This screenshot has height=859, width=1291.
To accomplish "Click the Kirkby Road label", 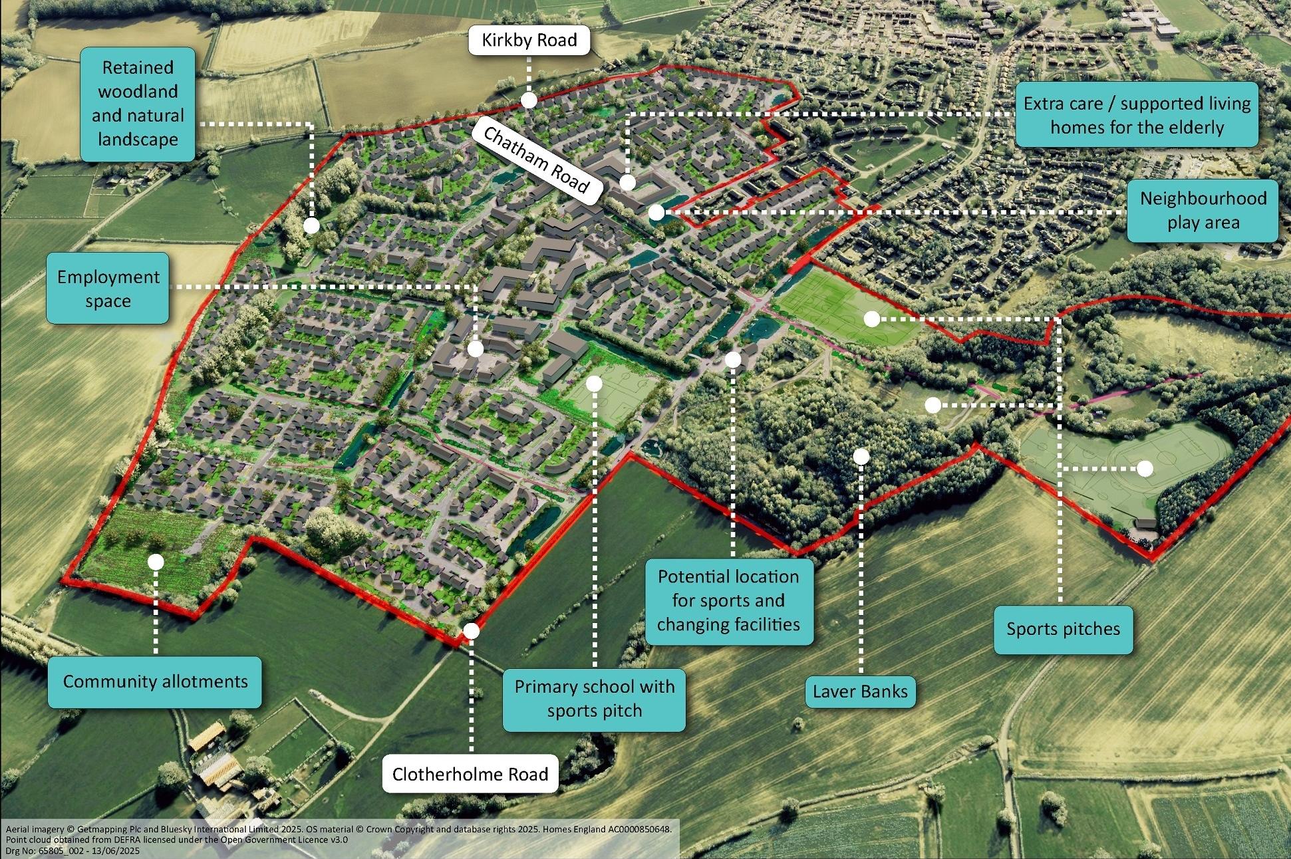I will pyautogui.click(x=529, y=40).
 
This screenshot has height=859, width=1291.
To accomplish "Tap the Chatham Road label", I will pyautogui.click(x=536, y=160).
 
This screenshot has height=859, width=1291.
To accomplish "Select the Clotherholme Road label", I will pyautogui.click(x=470, y=774).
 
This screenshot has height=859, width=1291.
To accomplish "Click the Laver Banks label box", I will pyautogui.click(x=860, y=691).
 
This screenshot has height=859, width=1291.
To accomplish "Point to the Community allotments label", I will pyautogui.click(x=155, y=681).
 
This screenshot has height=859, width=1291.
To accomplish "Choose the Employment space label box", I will pyautogui.click(x=108, y=289).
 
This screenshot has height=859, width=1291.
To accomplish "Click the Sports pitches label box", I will pyautogui.click(x=1063, y=629).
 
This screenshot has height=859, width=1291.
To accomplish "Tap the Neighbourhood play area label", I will pyautogui.click(x=1203, y=210).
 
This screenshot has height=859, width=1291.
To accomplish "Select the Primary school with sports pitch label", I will pyautogui.click(x=594, y=699).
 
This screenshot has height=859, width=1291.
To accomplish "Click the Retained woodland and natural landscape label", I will pyautogui.click(x=138, y=103).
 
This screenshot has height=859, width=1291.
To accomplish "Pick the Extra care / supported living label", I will pyautogui.click(x=1137, y=115).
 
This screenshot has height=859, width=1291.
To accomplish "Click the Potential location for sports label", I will pyautogui.click(x=728, y=600).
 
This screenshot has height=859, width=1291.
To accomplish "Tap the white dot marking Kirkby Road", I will pyautogui.click(x=529, y=100).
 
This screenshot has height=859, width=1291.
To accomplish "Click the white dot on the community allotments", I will pyautogui.click(x=156, y=562).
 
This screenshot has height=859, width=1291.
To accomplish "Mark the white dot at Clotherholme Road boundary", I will pyautogui.click(x=471, y=631).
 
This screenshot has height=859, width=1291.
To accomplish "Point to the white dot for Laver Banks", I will pyautogui.click(x=861, y=456).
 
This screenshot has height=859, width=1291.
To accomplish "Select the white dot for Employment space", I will pyautogui.click(x=475, y=349).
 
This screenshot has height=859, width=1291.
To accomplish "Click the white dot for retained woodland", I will pyautogui.click(x=311, y=225).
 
